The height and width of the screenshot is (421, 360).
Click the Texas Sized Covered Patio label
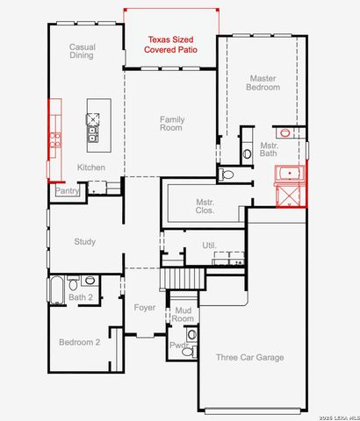170,45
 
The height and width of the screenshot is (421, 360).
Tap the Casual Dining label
83,51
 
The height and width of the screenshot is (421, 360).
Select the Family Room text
172,124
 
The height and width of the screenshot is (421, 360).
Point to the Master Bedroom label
263,82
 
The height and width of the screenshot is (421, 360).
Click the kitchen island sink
92,133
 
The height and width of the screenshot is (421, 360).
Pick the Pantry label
68,191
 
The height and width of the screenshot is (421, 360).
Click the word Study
84,242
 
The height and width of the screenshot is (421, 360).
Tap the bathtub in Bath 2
57,290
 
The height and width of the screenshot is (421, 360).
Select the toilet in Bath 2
73,283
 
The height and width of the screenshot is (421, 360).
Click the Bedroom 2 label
79,342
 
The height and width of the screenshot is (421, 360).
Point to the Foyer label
145,308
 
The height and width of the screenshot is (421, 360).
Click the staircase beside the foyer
183,279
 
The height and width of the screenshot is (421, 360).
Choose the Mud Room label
183,314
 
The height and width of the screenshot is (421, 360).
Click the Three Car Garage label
250,357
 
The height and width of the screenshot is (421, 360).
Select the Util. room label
210,245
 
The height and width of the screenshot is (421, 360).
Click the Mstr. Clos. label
205,206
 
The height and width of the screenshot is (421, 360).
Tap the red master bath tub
290,174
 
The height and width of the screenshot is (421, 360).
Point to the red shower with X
290,196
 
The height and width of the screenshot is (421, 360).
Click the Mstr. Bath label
269,149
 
